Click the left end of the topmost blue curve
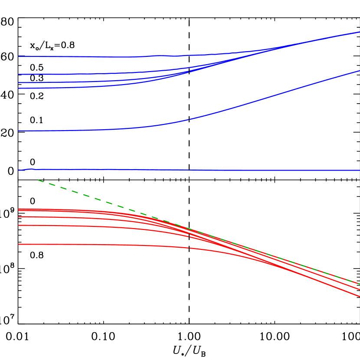pos(19,56)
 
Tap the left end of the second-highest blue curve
pos(19,74)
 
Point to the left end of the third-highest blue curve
pos(19,82)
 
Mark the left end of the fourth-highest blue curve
pos(19,88)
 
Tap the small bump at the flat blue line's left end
pos(30,169)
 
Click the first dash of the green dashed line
pos(42,180)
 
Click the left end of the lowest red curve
pos(19,245)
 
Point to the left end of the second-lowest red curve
pos(19,226)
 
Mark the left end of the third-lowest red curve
pos(19,216)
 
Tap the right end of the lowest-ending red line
pos(359,296)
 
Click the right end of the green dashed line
pos(359,284)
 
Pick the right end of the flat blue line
pos(359,170)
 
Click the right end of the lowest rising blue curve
pos(359,71)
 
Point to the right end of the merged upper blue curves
pos(359,32)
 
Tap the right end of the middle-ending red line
pos(359,289)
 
